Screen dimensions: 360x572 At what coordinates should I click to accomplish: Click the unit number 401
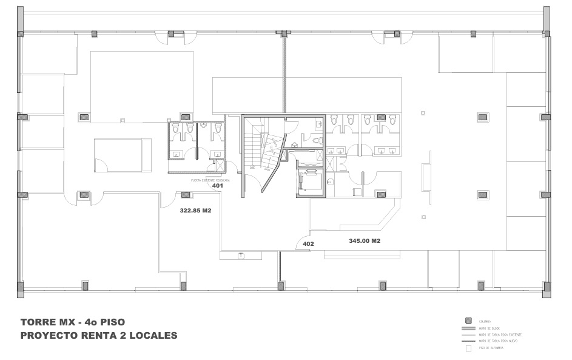(218, 186)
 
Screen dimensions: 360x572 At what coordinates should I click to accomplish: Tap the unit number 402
(308, 244)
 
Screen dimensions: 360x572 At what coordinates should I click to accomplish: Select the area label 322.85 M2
(195, 211)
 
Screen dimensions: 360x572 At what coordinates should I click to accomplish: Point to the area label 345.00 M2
(365, 241)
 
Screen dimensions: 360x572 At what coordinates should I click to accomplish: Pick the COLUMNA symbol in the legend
(468, 321)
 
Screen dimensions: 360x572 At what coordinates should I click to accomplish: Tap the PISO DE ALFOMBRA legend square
(468, 348)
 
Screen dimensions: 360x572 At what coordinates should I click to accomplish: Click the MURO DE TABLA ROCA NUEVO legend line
(468, 341)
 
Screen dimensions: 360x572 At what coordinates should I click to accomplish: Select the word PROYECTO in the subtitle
(49, 335)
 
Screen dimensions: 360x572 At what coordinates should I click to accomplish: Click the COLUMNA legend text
(485, 321)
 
